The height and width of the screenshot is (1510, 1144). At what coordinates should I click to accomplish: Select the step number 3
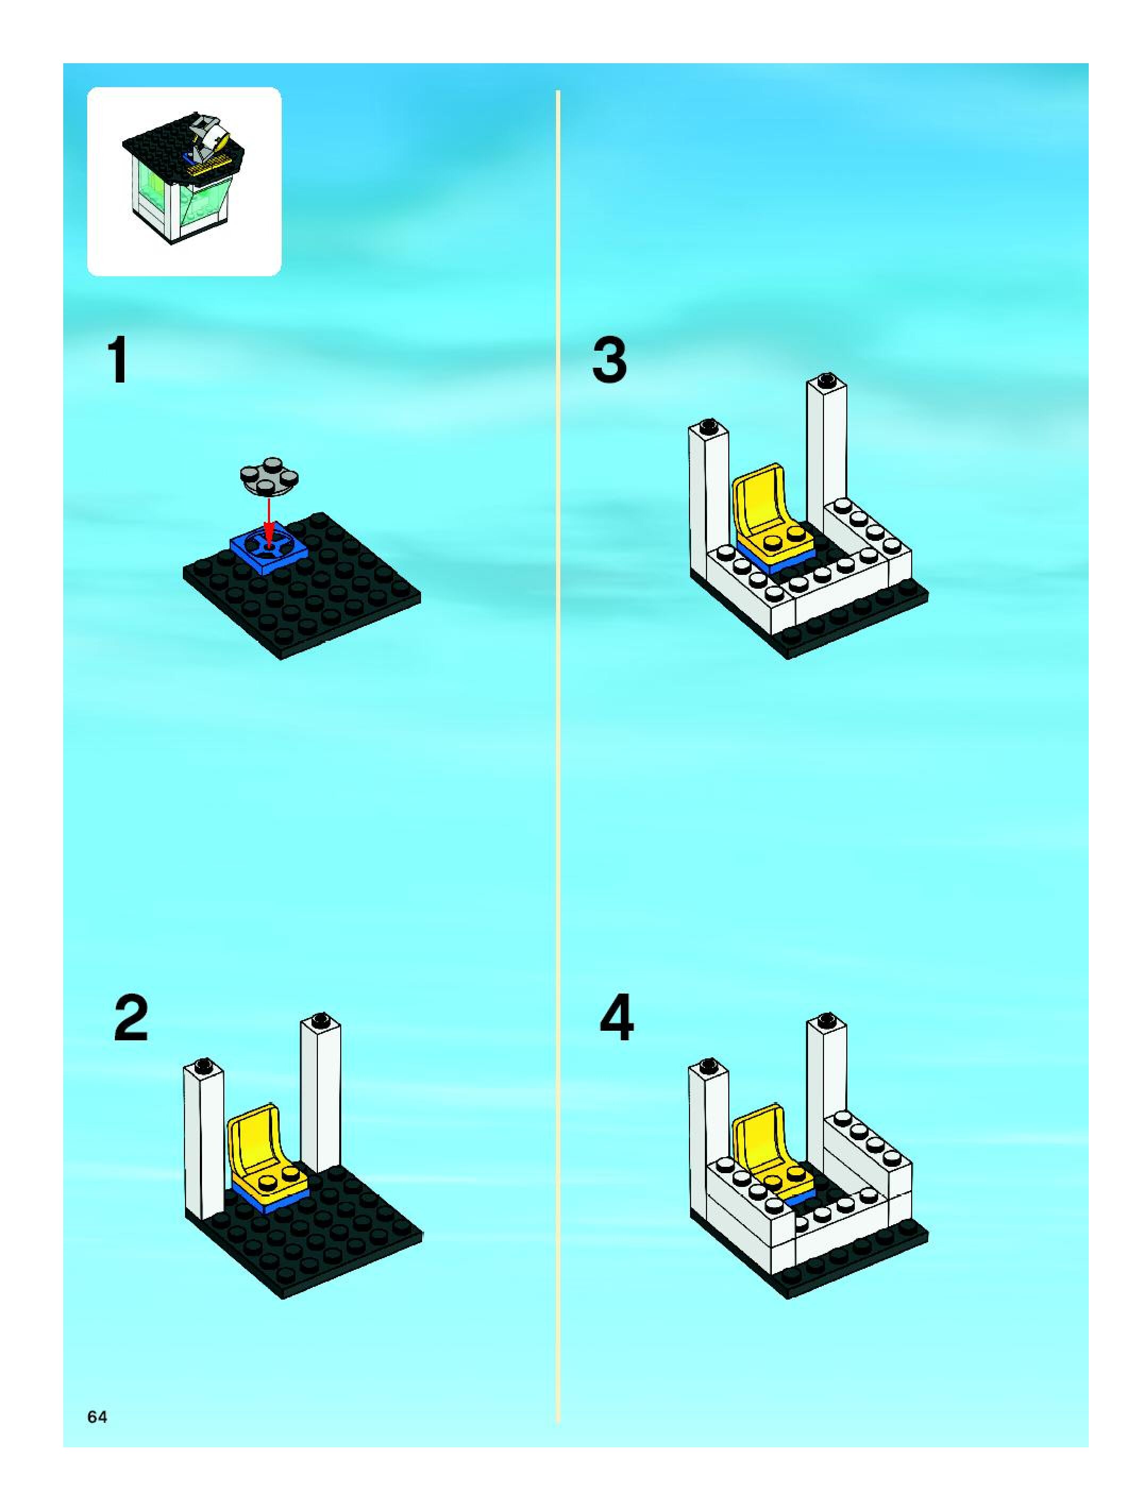609,361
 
